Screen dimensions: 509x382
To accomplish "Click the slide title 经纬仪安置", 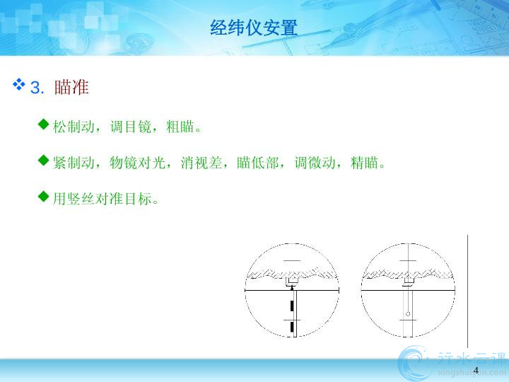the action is click(254, 28).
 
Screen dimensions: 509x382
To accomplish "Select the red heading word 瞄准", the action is click(71, 87).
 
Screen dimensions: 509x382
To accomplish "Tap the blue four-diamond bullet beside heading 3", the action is click(19, 84).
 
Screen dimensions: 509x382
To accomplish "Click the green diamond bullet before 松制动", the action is click(43, 124).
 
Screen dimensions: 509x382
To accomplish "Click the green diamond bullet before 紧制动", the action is click(43, 160).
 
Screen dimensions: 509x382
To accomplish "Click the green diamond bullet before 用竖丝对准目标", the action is click(43, 196).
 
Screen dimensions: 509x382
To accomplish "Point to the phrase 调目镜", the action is click(131, 127).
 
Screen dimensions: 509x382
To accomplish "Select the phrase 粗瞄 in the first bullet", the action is click(180, 127).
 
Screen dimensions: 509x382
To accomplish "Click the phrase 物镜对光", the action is click(137, 163).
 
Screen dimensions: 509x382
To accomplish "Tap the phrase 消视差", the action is click(201, 163).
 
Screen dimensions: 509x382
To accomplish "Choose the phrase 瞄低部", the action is click(258, 163).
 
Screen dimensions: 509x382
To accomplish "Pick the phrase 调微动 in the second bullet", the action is click(315, 163).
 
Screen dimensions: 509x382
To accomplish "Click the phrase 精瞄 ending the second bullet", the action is click(365, 163).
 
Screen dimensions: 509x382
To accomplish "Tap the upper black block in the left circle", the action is click(293, 306).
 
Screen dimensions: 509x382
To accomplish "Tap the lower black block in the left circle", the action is click(293, 326).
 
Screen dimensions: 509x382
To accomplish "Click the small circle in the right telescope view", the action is click(408, 314).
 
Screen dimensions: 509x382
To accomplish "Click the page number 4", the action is click(476, 370).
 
